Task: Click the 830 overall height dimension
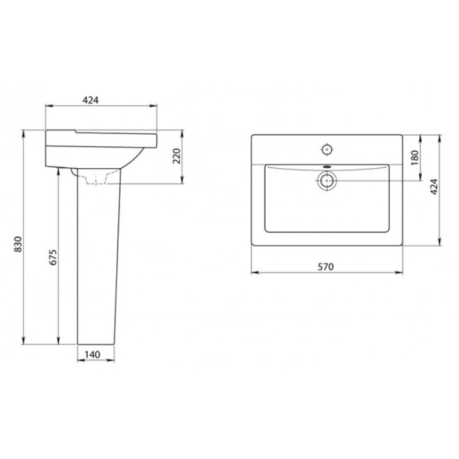coord(19,244)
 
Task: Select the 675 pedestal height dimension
coord(53,257)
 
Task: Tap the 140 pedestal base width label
coord(92,354)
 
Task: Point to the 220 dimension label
coord(177,156)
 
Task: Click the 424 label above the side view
coord(91,100)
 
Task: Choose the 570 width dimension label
coord(325,266)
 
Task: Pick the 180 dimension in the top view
coord(415,157)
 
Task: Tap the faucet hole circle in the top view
coord(327,150)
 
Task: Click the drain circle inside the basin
coord(327,181)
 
